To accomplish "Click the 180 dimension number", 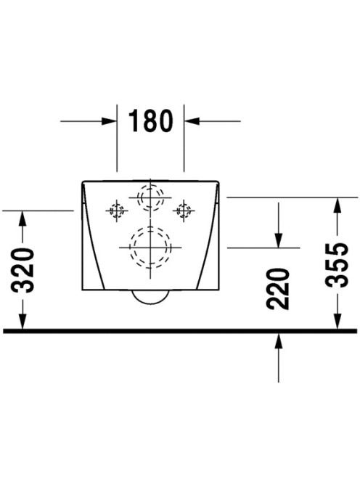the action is point(151,120).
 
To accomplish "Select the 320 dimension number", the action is point(22,270).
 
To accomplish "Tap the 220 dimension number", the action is point(278,289).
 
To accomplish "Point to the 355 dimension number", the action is point(337,265).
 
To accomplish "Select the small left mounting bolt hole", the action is point(117,211).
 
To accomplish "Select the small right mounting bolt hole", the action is point(184,211).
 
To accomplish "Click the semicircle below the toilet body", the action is point(150,304).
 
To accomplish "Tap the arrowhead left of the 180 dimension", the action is point(110,121).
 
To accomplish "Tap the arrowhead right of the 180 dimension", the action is point(192,121).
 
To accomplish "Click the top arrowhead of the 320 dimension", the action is point(22,218).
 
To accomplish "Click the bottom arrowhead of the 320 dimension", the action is point(22,322).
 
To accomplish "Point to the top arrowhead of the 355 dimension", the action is point(337,205).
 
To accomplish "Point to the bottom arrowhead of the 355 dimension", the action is point(337,322).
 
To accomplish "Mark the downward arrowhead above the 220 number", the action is point(279,240).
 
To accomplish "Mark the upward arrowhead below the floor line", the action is point(279,340).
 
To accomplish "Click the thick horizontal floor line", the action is point(180,331).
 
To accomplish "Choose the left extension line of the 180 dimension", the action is point(117,138).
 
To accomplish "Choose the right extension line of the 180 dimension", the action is point(184,138).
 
